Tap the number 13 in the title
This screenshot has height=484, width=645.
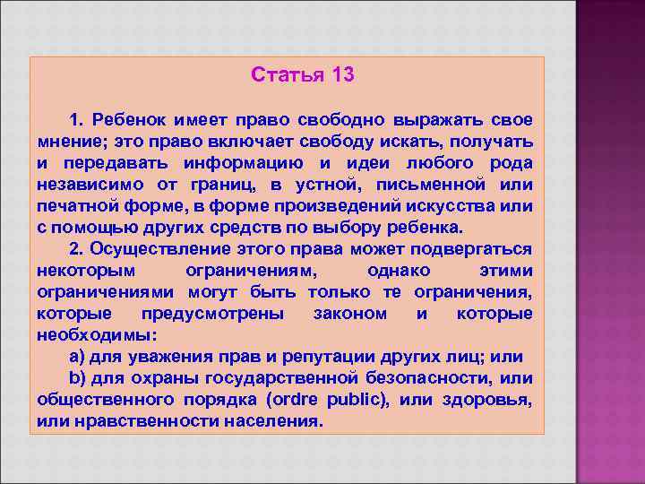(342, 74)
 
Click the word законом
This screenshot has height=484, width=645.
(350, 314)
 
